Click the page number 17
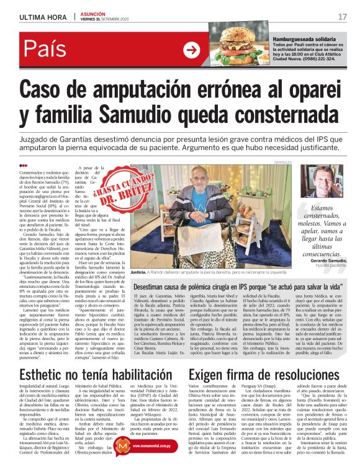[343, 15]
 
